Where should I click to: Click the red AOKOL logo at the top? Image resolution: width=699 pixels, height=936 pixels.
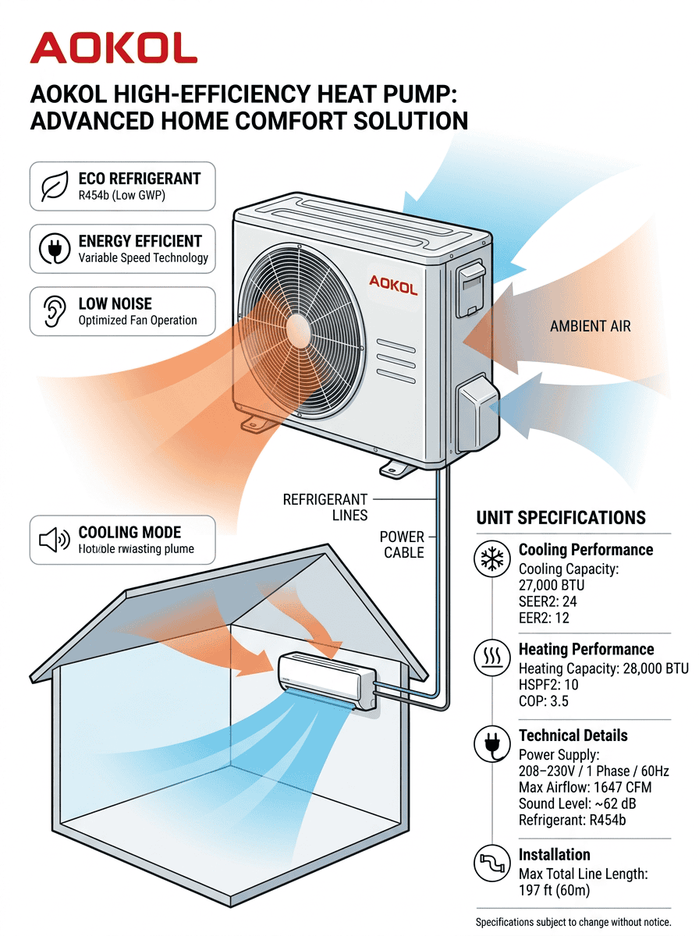[x=113, y=49]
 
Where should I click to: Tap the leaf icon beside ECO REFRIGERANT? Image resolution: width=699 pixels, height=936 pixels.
[x=54, y=186]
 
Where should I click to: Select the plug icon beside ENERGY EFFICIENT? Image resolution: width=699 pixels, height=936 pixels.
[x=54, y=249]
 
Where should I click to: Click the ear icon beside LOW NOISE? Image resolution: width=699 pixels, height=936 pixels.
[x=54, y=311]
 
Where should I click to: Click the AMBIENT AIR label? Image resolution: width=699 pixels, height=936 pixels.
[x=590, y=326]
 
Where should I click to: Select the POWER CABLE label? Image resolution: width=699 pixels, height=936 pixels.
[x=403, y=544]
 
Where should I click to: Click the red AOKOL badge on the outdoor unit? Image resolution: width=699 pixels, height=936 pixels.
[x=392, y=285]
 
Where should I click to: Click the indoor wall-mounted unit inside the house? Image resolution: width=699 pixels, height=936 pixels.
[x=327, y=678]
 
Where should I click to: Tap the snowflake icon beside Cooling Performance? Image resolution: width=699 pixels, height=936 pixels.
[x=492, y=559]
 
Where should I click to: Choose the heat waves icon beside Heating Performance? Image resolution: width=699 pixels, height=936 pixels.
[x=492, y=658]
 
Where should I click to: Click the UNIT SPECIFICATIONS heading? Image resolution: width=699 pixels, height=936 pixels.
[x=561, y=518]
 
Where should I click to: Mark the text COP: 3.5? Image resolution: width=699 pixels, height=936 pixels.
[x=544, y=701]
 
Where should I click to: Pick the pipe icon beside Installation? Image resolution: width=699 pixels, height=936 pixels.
[x=492, y=863]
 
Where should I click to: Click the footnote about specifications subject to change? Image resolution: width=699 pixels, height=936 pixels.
[x=584, y=922]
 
